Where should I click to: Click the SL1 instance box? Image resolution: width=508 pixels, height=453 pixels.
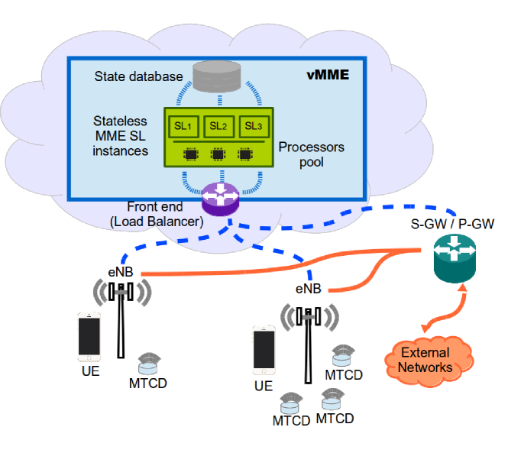[183, 126]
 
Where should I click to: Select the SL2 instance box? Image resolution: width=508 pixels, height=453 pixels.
[218, 126]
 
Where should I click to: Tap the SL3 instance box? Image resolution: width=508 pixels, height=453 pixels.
[254, 126]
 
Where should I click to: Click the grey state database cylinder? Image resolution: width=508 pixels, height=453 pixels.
[217, 76]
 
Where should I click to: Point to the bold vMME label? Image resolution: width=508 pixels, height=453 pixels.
[328, 75]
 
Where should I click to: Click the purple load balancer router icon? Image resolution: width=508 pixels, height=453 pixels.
[220, 199]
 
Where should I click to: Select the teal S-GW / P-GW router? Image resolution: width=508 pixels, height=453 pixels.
[455, 258]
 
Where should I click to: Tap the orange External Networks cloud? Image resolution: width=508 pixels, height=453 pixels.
[429, 361]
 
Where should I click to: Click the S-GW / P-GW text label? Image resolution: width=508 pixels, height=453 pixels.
[452, 224]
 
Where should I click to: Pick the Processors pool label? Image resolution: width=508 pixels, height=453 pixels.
[312, 154]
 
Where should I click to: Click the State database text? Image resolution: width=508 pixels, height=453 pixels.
[139, 76]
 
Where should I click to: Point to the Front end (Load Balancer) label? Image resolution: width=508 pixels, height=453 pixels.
[157, 214]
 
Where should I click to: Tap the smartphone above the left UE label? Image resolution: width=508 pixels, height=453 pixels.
[89, 337]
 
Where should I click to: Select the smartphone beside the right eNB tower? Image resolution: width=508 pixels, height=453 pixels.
[264, 350]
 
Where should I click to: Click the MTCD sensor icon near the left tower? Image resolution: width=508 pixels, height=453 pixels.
[149, 364]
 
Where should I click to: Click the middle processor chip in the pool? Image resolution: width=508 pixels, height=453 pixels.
[218, 154]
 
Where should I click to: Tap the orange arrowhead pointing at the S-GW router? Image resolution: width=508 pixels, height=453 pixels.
[463, 288]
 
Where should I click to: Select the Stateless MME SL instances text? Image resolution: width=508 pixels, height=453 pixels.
[120, 136]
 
